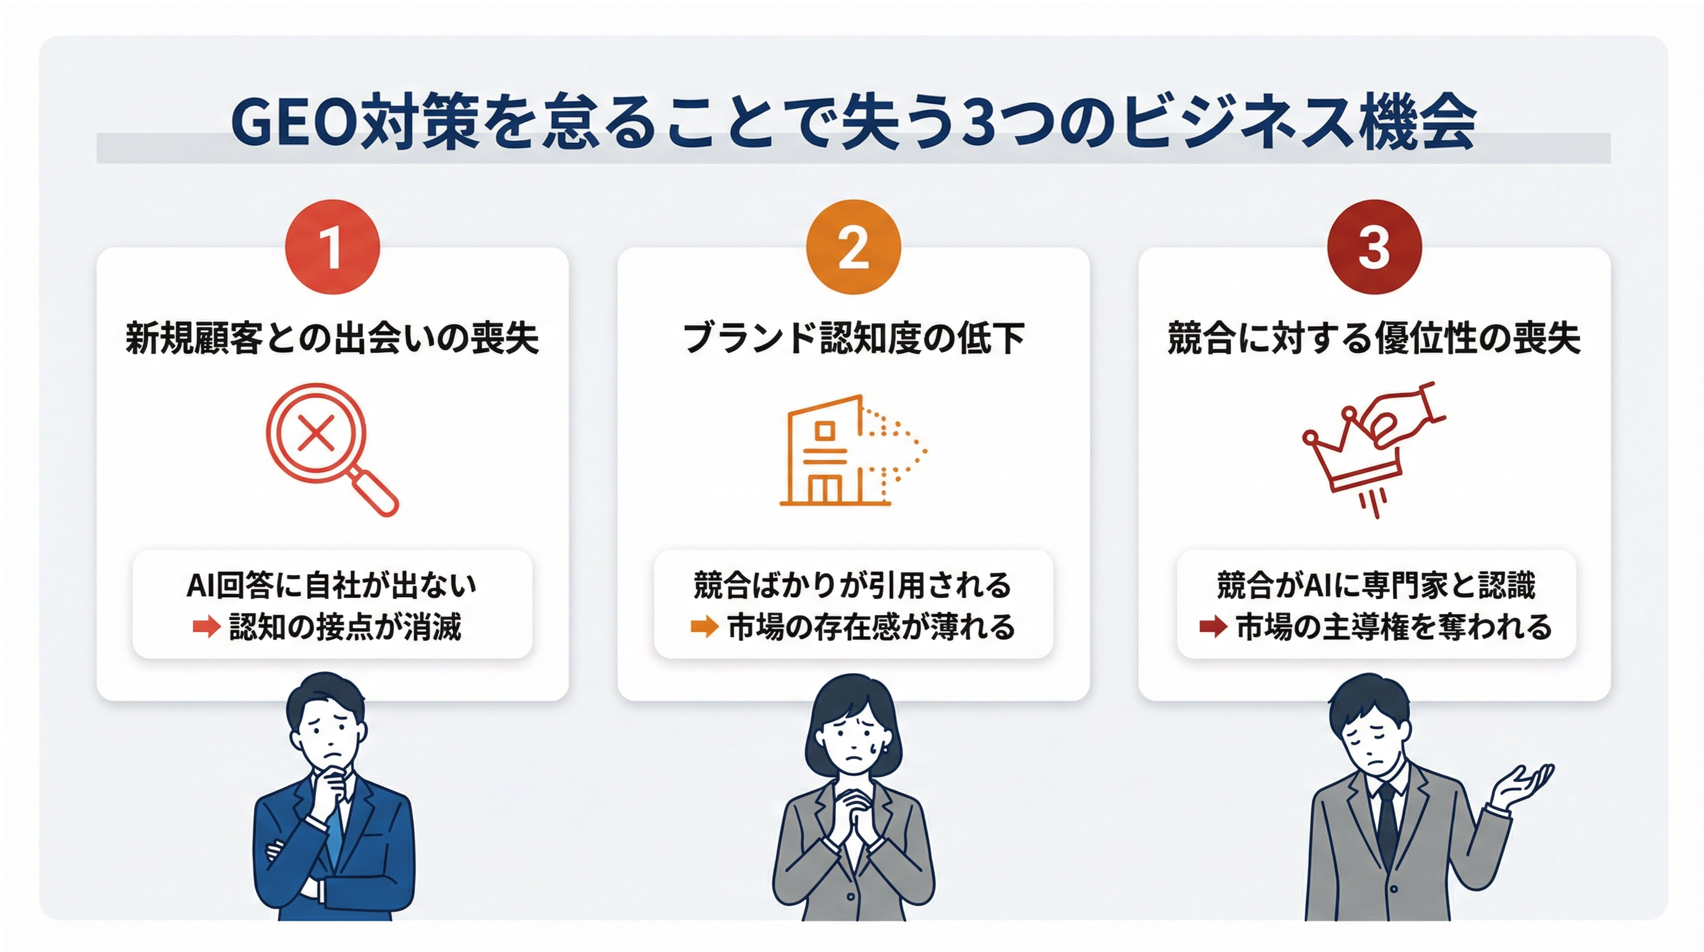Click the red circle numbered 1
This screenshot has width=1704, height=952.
point(332,247)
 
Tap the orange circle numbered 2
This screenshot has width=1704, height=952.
point(853,247)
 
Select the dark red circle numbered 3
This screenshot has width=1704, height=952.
point(1374,247)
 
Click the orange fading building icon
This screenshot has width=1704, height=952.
point(853,451)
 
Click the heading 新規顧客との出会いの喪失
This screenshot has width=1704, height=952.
point(332,339)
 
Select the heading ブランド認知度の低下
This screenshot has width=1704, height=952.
point(853,339)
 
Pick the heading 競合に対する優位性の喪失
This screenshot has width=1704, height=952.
point(1374,339)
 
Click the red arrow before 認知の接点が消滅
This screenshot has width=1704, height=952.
point(207,626)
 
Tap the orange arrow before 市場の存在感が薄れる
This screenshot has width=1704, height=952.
point(704,626)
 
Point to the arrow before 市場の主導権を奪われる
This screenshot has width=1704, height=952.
point(1213,626)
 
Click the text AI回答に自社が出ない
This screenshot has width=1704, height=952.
point(332,585)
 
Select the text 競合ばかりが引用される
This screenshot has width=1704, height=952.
point(853,585)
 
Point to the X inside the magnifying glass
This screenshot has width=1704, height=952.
point(316,434)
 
